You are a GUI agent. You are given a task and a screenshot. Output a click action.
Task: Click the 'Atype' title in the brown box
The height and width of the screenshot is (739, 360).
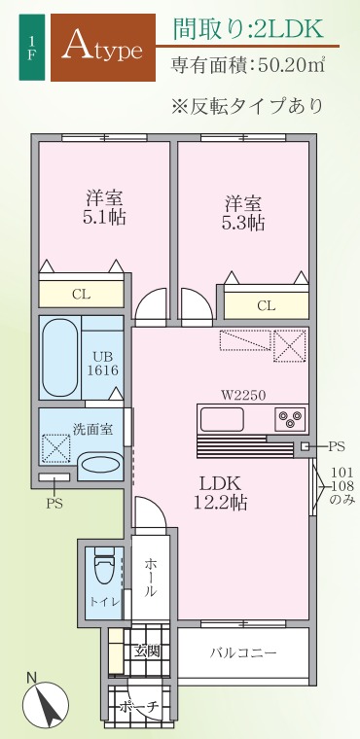102,47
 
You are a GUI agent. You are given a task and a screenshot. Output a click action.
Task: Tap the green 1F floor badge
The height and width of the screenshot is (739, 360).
32,47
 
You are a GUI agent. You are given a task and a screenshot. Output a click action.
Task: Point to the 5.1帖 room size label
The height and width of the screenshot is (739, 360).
105,217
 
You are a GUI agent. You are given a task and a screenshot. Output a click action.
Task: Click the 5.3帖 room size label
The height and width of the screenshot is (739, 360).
243,222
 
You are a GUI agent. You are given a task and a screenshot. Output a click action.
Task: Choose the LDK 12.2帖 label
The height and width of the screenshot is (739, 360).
220,493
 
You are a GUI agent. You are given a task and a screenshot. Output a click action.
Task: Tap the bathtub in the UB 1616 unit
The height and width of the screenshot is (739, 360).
60,358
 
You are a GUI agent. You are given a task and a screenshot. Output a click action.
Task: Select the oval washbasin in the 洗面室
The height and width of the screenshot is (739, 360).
100,464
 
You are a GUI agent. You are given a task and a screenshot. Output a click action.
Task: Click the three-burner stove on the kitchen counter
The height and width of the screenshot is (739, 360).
289,418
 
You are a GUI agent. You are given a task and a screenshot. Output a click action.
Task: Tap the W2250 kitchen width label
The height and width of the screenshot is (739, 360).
243,396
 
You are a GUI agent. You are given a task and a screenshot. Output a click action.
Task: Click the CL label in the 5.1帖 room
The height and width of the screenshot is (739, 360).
81,295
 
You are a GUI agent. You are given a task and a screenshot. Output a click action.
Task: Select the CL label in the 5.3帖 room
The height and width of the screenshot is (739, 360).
266,306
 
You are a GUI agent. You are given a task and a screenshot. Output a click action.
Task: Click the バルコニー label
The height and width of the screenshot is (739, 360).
243,653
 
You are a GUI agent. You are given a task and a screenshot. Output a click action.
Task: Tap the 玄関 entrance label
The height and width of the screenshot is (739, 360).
146,651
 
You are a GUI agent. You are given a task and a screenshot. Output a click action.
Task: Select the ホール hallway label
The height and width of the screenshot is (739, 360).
150,578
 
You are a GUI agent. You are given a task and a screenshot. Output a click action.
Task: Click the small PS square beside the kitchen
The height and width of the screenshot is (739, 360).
306,446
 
